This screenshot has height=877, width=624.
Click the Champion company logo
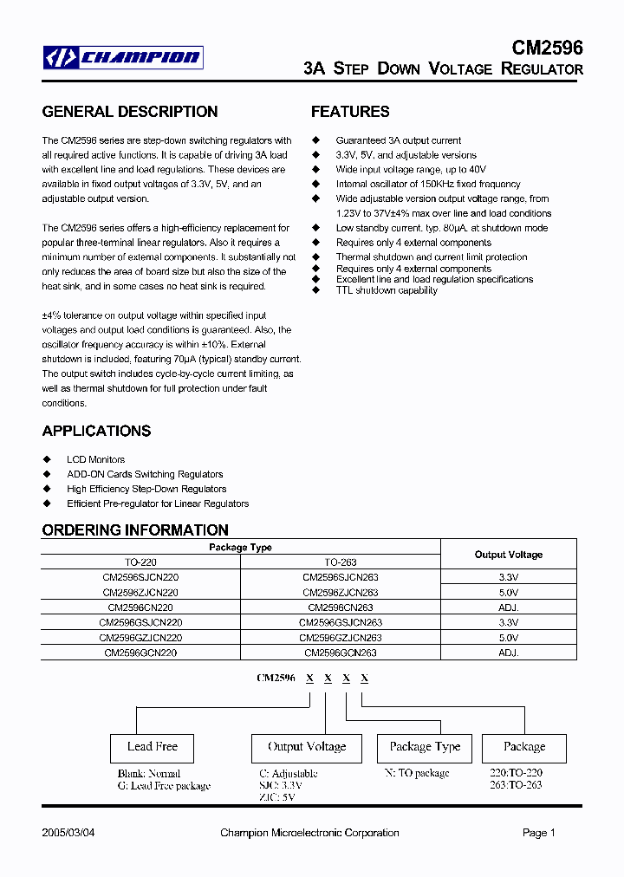coord(123,58)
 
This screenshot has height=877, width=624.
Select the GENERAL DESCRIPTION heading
coord(130,112)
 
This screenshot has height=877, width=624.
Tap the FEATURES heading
coord(350,112)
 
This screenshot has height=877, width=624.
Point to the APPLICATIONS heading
coord(96,431)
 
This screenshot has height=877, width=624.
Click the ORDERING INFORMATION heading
coord(135,529)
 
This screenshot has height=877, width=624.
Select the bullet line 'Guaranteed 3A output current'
coord(398,140)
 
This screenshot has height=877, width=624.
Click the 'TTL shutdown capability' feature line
coord(387,290)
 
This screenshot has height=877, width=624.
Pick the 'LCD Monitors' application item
coord(95,459)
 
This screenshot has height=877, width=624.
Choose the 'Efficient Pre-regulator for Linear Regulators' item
coord(158,503)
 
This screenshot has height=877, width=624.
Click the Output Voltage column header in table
coord(509,555)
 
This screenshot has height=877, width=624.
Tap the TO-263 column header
coord(341,562)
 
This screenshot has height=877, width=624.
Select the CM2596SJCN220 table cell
coord(140,577)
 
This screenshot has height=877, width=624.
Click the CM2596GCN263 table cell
coord(341,653)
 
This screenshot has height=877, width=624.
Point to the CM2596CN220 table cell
coord(140,607)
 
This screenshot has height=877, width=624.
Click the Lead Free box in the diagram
coord(153,747)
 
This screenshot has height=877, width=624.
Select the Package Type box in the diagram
coord(425,747)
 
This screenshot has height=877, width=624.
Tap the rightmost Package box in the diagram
coord(524,747)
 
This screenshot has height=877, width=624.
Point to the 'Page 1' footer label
coord(538,833)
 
